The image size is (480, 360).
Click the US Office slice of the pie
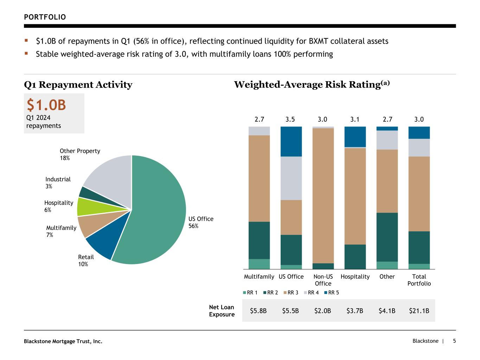(158, 211)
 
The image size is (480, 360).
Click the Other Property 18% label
(80, 154)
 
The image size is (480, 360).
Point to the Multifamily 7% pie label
(61, 231)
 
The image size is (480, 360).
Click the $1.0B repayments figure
(46, 105)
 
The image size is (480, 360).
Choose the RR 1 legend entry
(250, 292)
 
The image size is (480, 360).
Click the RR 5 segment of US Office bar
(291, 141)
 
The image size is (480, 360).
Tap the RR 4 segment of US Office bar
(291, 178)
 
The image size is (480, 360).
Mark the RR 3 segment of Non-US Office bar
(323, 195)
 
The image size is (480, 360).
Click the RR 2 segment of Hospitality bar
(355, 257)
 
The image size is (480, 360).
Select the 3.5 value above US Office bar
(290, 120)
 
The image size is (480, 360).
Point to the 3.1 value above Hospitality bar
(355, 120)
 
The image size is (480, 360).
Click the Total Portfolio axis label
(419, 280)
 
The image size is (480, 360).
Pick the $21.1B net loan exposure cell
(419, 311)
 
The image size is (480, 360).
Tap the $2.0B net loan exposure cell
(322, 311)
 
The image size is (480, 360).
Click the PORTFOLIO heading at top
(45, 17)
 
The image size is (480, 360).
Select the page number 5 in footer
(454, 341)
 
